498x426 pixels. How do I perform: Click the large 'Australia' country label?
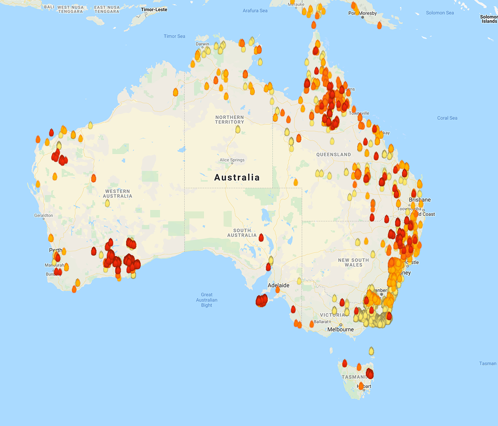tap(237, 178)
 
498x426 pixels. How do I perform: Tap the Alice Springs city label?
tap(232, 160)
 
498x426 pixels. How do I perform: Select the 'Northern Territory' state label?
tap(229, 119)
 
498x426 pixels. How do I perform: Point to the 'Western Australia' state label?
tap(117, 194)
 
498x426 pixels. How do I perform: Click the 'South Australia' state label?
tap(242, 233)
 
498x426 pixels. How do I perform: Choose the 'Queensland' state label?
tap(333, 154)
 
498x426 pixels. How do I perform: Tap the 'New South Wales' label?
tap(353, 263)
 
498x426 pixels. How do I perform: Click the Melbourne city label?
tap(340, 329)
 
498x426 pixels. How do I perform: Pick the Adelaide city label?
tap(278, 285)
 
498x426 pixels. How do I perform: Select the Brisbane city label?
tap(420, 200)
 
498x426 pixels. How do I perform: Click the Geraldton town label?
tap(43, 215)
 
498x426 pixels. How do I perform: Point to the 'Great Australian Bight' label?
tap(206, 300)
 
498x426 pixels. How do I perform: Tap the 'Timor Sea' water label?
tap(174, 37)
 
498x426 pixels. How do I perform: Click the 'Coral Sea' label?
tap(447, 118)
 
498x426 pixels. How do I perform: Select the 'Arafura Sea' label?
tap(255, 11)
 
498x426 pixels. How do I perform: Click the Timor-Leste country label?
tap(154, 10)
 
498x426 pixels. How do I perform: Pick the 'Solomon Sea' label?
tap(440, 13)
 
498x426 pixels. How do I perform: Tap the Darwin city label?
tap(203, 44)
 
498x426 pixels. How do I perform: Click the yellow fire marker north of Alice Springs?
tap(238, 129)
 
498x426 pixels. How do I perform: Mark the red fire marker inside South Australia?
tap(261, 237)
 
